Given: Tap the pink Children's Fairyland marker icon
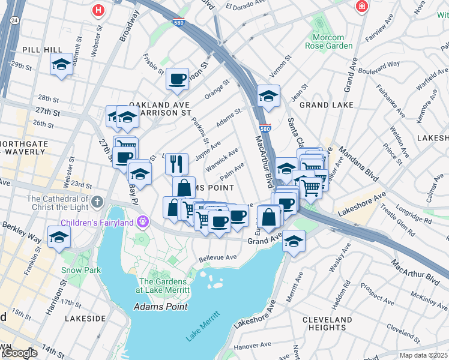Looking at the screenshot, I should tap(143, 221).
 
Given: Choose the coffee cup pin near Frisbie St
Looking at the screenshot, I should tap(177, 80).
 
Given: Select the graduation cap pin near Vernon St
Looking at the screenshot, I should tap(268, 96).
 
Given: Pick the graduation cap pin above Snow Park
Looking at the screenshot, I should tap(59, 237).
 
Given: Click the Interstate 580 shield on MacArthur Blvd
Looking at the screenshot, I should tap(266, 128).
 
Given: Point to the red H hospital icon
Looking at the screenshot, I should tap(97, 10).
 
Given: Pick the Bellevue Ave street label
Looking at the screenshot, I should tap(218, 258).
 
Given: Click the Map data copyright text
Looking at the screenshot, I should tap(424, 355).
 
